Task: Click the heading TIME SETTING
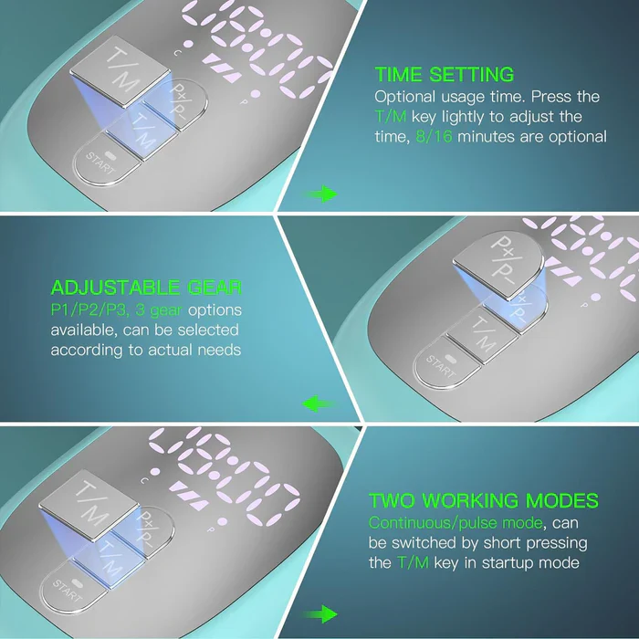pos(444,75)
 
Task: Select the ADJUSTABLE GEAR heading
pos(146,288)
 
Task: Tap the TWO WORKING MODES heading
pos(484,501)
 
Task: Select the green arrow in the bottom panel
pos(320,614)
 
